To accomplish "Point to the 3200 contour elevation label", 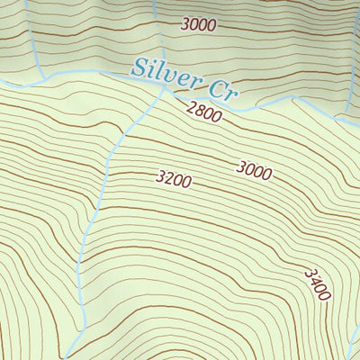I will pos(173,180).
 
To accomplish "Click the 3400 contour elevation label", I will pos(317,283).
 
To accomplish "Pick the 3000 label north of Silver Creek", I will pos(198,24).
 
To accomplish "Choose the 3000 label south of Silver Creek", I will pos(255,168).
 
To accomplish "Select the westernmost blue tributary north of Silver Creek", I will pos(36,45).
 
